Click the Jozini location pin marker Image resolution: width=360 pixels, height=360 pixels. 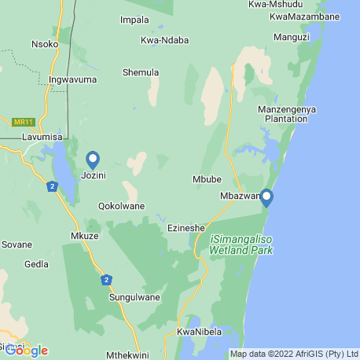pos(93,160)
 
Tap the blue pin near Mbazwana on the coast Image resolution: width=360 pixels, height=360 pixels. pos(266,197)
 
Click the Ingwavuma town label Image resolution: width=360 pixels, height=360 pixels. pos(72,79)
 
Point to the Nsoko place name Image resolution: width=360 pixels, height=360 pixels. pos(44,44)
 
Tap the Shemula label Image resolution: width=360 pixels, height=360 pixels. pos(141,72)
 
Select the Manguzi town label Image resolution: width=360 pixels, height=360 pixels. pos(292,36)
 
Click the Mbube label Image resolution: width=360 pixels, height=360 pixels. pos(207,179)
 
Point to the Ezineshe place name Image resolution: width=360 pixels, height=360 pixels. pos(187,228)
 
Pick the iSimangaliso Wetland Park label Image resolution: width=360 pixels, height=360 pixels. pos(241,244)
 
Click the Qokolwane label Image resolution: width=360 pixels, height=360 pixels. pos(121,207)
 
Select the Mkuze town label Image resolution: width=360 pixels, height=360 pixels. pos(85,235)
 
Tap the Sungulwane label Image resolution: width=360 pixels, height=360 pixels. pos(134,297)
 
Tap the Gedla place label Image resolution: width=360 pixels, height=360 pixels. pos(37,264)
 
